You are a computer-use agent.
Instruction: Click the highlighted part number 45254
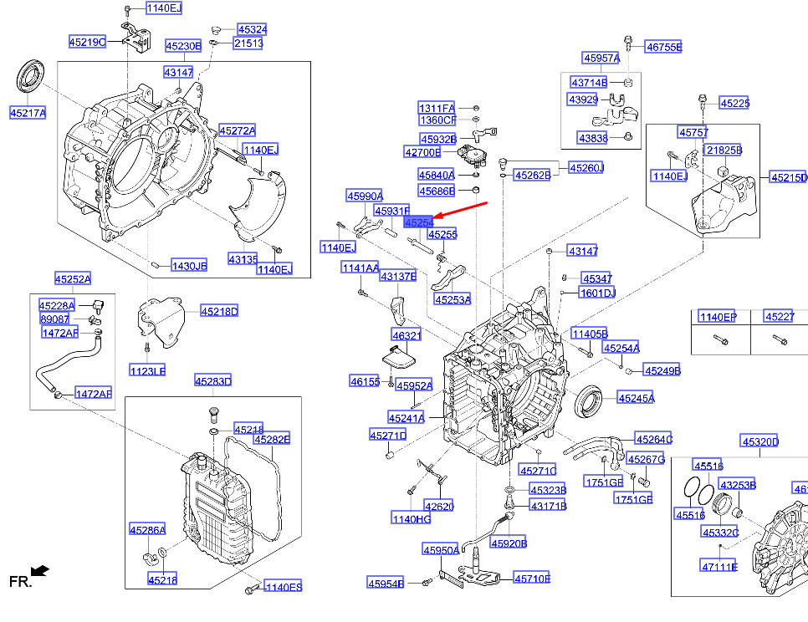(x=418, y=223)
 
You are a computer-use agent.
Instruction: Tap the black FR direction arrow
(x=39, y=571)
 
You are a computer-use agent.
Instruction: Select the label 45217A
(x=28, y=112)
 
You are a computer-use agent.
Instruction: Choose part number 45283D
(x=212, y=381)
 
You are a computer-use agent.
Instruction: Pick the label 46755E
(x=663, y=48)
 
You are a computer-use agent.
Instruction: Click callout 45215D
(x=789, y=177)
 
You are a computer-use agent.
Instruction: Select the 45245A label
(x=636, y=398)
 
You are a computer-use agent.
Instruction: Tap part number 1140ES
(x=283, y=587)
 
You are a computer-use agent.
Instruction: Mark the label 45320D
(x=759, y=441)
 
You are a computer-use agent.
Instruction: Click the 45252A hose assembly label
(x=73, y=278)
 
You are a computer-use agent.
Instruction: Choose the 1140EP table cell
(x=718, y=317)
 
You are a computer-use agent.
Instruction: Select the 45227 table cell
(x=780, y=317)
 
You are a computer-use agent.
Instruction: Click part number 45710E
(x=531, y=578)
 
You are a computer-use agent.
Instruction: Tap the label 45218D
(x=218, y=312)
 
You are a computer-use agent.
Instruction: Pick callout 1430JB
(x=188, y=266)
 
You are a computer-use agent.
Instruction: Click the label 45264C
(x=653, y=439)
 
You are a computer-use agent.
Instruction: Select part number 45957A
(x=601, y=58)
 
